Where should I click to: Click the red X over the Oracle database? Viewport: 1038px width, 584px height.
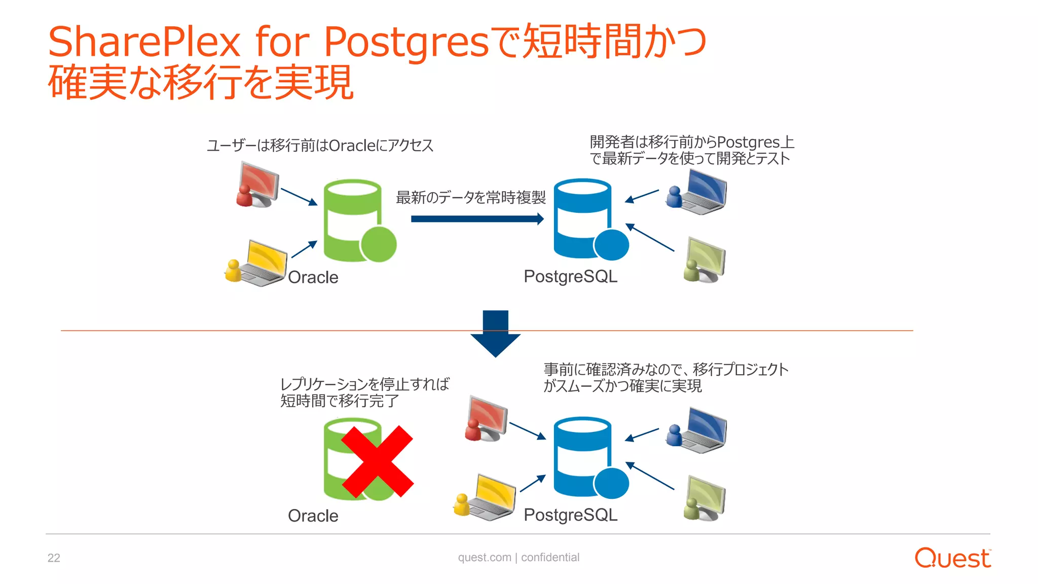coord(378,461)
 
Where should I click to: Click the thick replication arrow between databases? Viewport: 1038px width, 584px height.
coord(477,219)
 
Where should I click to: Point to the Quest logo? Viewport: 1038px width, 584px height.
coord(952,558)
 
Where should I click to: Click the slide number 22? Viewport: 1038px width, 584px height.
coord(54,558)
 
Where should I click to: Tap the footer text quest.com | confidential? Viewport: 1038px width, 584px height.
coord(518,557)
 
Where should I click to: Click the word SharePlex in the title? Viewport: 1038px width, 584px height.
coord(144,42)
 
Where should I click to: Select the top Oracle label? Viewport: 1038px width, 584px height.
coord(313,277)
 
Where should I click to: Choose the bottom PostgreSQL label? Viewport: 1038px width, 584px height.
coord(570,515)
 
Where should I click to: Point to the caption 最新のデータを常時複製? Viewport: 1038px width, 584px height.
coord(471,197)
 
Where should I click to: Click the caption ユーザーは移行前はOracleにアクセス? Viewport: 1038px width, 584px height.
coord(320,145)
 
